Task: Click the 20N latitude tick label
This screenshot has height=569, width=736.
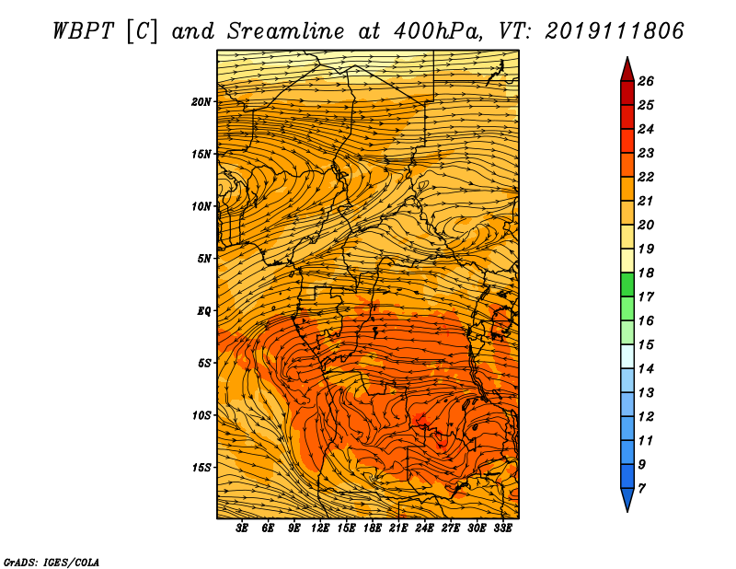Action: (201, 102)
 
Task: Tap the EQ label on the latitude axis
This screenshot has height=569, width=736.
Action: (204, 311)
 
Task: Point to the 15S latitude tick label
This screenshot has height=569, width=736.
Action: (201, 468)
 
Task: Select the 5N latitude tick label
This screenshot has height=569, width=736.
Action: (204, 259)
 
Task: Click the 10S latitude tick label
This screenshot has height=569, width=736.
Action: (201, 415)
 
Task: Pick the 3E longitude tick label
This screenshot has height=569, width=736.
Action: (242, 528)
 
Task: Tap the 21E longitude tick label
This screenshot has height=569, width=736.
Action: (398, 528)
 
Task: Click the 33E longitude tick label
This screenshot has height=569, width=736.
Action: (502, 528)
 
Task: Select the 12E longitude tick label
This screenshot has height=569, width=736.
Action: (320, 528)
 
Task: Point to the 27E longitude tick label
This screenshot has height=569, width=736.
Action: (451, 528)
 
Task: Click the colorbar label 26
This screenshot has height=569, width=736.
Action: (646, 81)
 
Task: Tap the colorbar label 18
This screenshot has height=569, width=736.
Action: (646, 273)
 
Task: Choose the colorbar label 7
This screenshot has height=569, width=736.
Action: (641, 489)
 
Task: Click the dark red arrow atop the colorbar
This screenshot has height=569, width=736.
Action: (627, 71)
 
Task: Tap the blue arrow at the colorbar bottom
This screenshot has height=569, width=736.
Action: (627, 498)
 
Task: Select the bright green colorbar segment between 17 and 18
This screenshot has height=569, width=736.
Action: (627, 284)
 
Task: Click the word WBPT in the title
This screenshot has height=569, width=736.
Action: (83, 31)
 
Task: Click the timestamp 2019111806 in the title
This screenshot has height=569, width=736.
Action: (615, 31)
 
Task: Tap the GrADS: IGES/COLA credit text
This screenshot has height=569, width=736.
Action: (52, 563)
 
